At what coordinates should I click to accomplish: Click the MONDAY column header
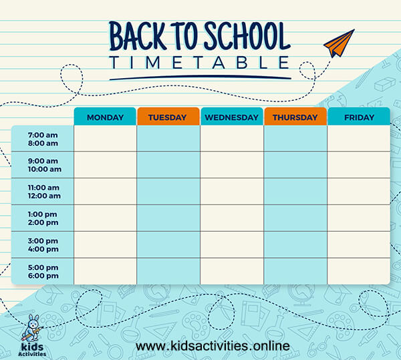105,117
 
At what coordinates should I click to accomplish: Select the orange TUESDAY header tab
168,117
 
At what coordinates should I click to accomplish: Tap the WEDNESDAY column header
231,117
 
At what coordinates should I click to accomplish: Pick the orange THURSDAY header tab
295,117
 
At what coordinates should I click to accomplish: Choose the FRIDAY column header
358,117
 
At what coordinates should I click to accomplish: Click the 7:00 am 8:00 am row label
43,138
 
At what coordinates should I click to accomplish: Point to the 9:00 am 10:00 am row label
43,165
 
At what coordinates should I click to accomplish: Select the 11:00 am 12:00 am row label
43,192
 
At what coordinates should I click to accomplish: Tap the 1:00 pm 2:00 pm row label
43,218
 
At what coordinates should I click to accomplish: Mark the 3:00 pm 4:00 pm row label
43,245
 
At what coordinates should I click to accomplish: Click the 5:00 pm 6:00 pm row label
43,272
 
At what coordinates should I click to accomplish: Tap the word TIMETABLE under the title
200,63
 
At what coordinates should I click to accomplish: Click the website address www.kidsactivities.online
213,346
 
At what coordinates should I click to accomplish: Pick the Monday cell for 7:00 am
105,138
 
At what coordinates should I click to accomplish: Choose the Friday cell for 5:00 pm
358,272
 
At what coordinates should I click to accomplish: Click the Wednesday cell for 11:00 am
231,192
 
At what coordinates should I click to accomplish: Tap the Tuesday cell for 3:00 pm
168,245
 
